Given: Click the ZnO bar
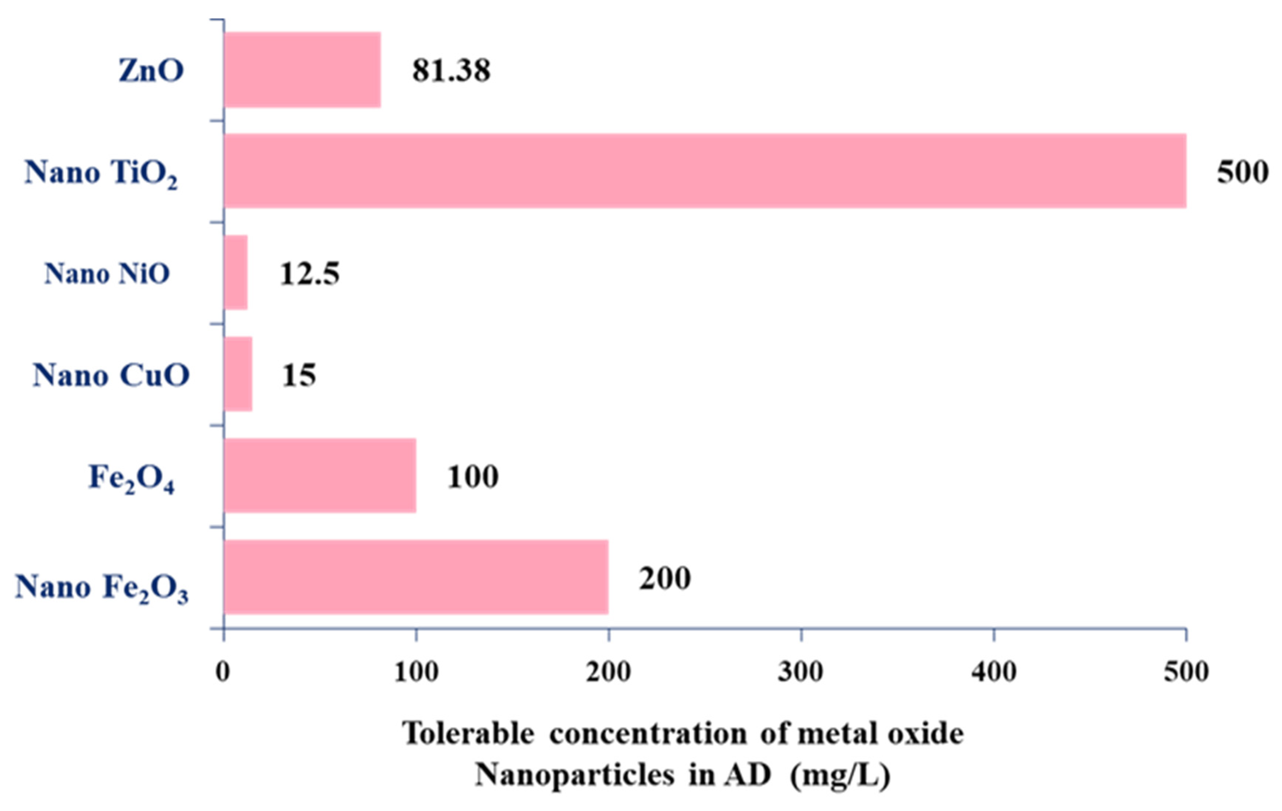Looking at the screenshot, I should (302, 70).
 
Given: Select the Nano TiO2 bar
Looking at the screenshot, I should (704, 171).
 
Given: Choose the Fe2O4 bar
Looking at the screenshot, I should (320, 476).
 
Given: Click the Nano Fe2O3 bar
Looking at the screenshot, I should (416, 577).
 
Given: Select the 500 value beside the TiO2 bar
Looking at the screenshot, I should (1242, 172).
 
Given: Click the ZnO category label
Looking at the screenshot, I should (151, 70).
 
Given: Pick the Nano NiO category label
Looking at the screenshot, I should (107, 273).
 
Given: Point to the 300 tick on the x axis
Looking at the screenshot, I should (801, 672).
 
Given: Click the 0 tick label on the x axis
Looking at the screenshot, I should (223, 672).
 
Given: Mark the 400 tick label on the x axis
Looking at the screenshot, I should (993, 672).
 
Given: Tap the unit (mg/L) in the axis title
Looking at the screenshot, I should (840, 775).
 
